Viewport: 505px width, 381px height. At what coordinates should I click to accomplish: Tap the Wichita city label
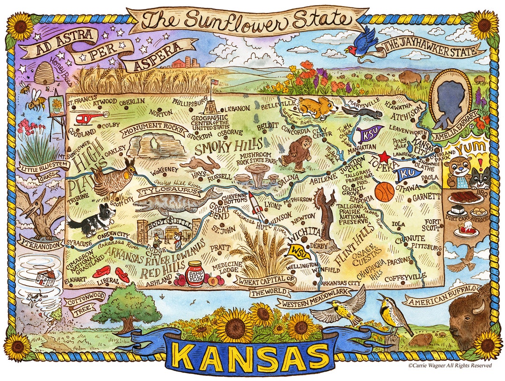(x=306, y=232)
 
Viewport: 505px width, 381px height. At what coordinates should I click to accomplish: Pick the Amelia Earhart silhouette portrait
(x=449, y=99)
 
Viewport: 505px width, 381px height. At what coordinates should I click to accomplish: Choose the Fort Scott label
(x=432, y=225)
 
